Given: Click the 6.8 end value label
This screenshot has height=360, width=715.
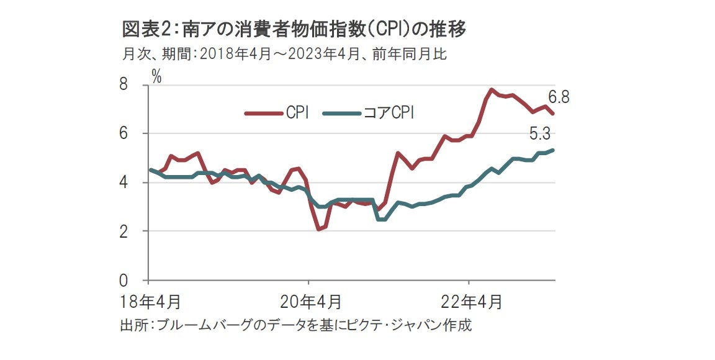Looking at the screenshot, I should tap(559, 97).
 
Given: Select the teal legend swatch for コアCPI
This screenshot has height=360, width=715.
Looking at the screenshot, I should tap(341, 113).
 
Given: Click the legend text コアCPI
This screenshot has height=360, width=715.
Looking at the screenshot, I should tap(389, 113).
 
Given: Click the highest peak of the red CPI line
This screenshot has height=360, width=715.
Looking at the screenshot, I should tap(491, 89).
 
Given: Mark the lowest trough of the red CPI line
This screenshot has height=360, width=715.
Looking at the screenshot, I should tap(318, 230).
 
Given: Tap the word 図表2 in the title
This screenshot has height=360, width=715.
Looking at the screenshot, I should tap(144, 29).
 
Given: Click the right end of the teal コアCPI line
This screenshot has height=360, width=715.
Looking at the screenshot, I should tap(554, 150).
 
